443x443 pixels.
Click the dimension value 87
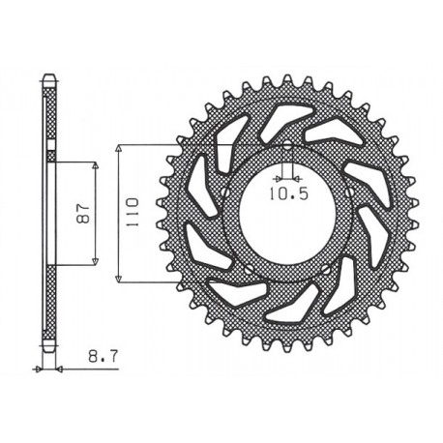[x=84, y=211]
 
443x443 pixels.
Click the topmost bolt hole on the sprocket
[x=288, y=147]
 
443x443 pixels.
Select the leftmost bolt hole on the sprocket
[x=225, y=192]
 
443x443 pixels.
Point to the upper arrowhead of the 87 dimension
[x=98, y=165]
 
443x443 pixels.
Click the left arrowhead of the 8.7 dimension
[x=41, y=369]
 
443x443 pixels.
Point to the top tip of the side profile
[x=50, y=76]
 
